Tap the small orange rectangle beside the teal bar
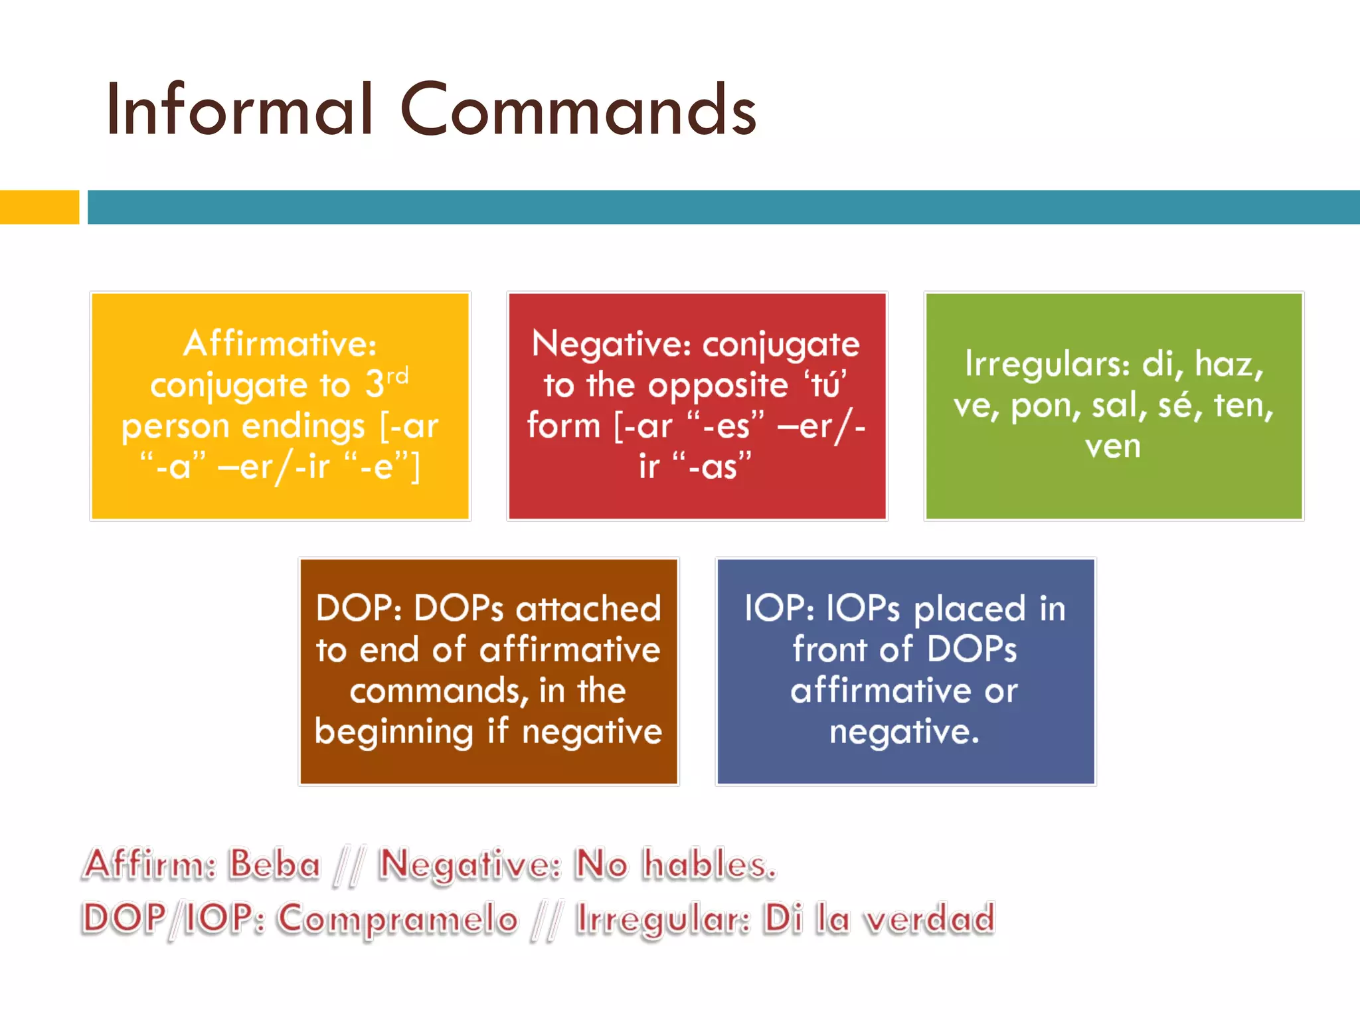[x=39, y=207]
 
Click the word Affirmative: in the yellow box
[x=280, y=344]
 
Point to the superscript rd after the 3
[x=397, y=376]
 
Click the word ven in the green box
[x=1113, y=446]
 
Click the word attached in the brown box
[x=588, y=608]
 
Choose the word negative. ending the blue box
[x=904, y=732]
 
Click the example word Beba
[x=274, y=865]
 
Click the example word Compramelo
[x=397, y=919]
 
